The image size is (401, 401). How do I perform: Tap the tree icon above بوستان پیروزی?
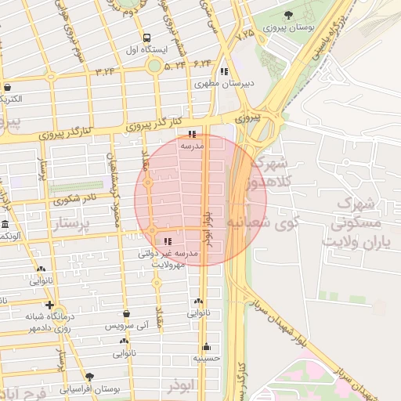point(289,15)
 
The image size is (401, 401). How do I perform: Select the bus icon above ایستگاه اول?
point(146,38)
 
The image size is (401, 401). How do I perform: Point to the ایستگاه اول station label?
point(146,49)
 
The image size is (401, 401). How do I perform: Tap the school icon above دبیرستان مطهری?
point(224,71)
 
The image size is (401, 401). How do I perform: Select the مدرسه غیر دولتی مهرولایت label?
point(168,258)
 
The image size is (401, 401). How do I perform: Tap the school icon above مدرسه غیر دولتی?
point(168,240)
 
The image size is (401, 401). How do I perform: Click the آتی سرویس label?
point(126,324)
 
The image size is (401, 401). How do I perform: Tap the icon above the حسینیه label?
point(207,346)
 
